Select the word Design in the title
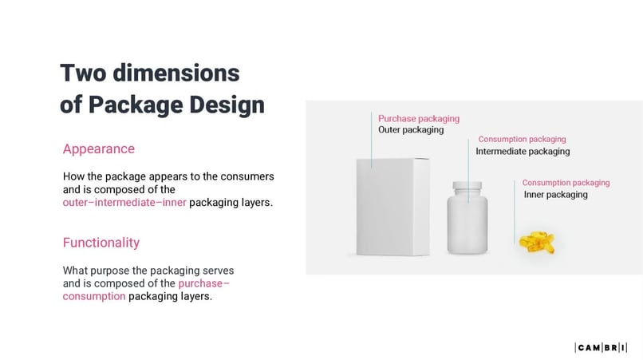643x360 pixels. coord(225,105)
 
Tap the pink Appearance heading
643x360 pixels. coord(98,148)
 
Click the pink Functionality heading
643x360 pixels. coord(101,242)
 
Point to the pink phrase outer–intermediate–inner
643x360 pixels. coord(124,203)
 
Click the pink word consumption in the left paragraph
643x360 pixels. coord(94,296)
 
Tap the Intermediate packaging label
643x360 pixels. coord(523,151)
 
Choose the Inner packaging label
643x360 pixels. coord(555,194)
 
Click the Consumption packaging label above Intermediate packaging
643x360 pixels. coord(522,139)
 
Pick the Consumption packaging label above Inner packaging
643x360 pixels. coord(566,183)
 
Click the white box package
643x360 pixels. coord(392,208)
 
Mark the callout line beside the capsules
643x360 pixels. coord(515,211)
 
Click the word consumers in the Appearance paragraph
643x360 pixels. coord(247,176)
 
